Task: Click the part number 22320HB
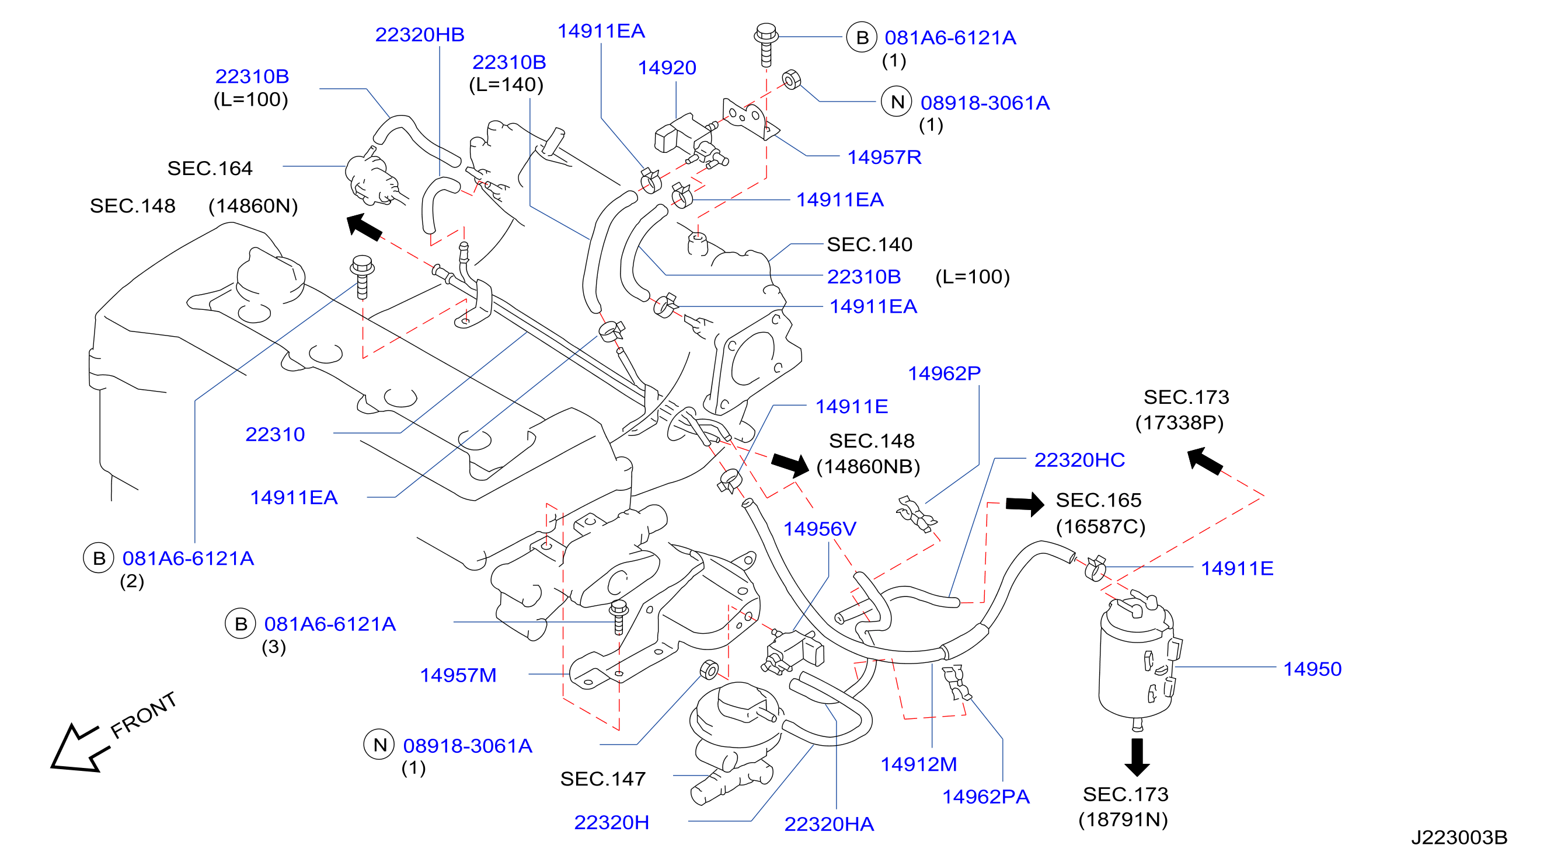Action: [x=419, y=34]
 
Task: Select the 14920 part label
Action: [x=667, y=68]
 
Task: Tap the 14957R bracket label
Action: [x=884, y=157]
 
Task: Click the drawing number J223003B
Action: [x=1459, y=837]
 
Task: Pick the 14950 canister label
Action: [x=1312, y=669]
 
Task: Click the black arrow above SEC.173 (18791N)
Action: [x=1137, y=756]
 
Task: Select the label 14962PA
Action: [x=985, y=796]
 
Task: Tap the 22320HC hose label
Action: [x=1079, y=459]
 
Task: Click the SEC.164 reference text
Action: [x=210, y=168]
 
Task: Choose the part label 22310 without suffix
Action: [x=275, y=434]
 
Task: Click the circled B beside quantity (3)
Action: [x=241, y=623]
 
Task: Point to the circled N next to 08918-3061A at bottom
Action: [x=379, y=744]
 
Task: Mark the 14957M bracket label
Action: [x=458, y=675]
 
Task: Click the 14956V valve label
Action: [x=819, y=528]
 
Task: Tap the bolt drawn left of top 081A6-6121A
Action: [x=766, y=44]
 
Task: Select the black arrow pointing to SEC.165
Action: [x=1025, y=504]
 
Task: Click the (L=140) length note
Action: [x=506, y=85]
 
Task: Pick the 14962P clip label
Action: [x=944, y=373]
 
